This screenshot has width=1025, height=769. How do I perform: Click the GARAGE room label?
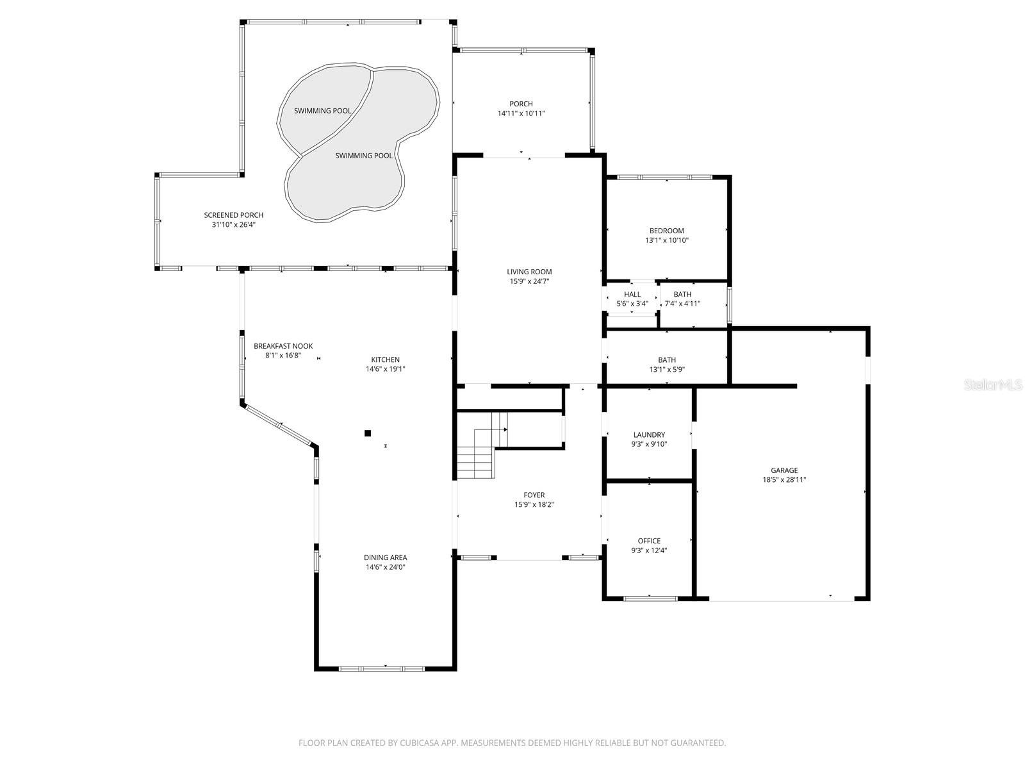pyautogui.click(x=784, y=470)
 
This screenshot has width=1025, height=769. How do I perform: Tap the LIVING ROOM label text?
pyautogui.click(x=529, y=272)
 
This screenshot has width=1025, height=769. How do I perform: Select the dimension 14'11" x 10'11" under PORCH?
pyautogui.click(x=521, y=113)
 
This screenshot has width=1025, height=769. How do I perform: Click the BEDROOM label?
pyautogui.click(x=666, y=231)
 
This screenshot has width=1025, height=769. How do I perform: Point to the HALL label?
pyautogui.click(x=632, y=295)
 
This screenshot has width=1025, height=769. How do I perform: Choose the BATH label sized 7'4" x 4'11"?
pyautogui.click(x=682, y=295)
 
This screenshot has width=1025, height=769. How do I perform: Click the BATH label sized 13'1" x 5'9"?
pyautogui.click(x=666, y=360)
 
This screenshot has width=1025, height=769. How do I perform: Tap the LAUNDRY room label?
pyautogui.click(x=649, y=434)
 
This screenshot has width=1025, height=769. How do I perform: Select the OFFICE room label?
pyautogui.click(x=649, y=541)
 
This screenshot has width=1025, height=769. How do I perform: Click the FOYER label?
pyautogui.click(x=534, y=495)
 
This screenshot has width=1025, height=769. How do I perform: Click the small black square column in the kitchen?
pyautogui.click(x=368, y=433)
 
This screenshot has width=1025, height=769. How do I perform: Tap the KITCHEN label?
pyautogui.click(x=385, y=360)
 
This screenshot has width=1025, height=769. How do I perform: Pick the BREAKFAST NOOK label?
pyautogui.click(x=283, y=346)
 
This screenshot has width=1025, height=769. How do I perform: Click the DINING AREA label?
pyautogui.click(x=385, y=558)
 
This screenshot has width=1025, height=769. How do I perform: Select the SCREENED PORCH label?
pyautogui.click(x=233, y=215)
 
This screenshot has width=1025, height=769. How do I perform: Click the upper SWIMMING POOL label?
pyautogui.click(x=322, y=111)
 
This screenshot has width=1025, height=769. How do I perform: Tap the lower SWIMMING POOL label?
pyautogui.click(x=364, y=156)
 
